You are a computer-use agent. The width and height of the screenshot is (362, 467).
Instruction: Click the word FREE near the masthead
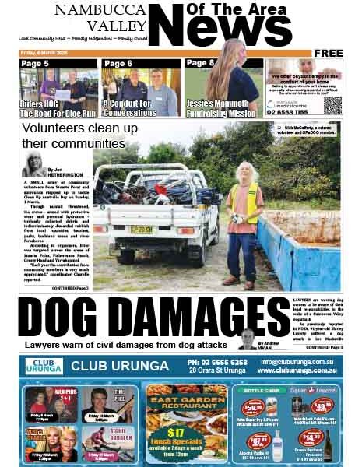328,53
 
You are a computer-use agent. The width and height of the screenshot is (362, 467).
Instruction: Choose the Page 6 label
118,63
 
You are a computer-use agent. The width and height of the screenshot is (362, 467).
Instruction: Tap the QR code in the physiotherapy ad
332,105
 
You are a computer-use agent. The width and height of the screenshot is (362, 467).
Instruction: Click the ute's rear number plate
142,229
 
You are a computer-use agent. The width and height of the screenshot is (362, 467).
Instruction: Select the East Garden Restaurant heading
180,404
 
